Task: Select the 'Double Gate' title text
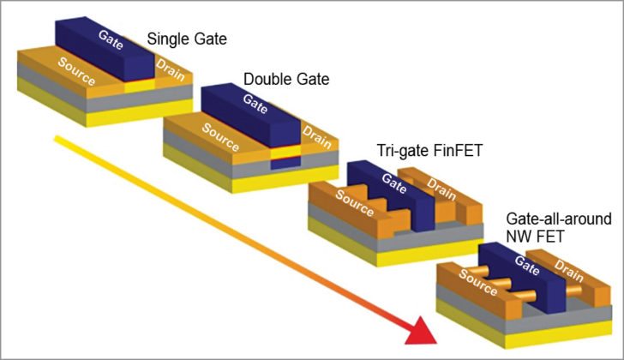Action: coord(286,80)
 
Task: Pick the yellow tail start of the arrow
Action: coord(58,137)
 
